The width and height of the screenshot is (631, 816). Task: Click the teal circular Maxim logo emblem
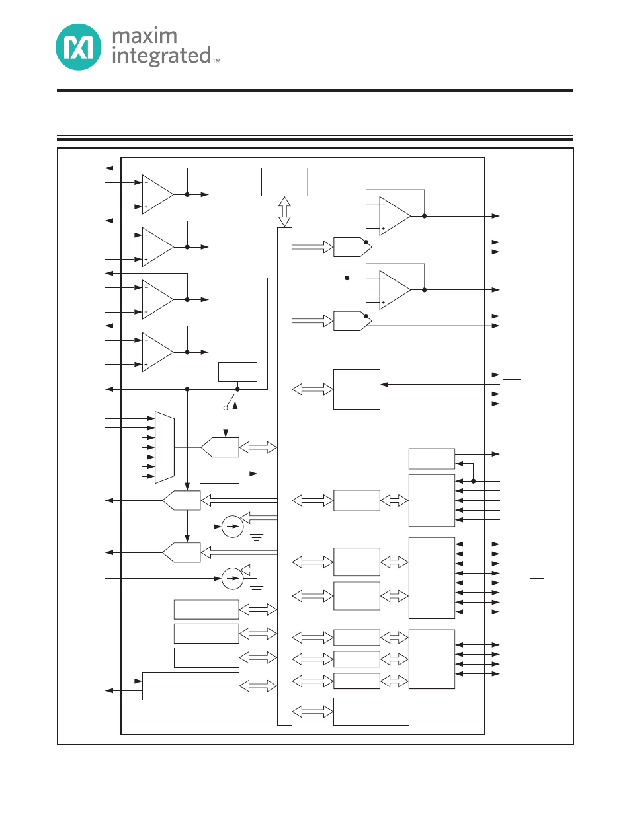tap(79, 47)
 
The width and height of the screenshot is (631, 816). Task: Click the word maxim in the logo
tap(145, 36)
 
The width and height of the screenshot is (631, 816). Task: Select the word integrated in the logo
tap(161, 56)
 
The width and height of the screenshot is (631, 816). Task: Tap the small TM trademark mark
tap(216, 61)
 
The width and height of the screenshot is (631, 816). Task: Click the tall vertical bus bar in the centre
tap(284, 476)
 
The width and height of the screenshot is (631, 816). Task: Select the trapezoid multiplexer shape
tap(165, 447)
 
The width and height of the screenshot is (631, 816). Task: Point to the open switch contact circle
tap(226, 408)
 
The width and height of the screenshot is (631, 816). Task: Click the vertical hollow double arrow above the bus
tap(284, 211)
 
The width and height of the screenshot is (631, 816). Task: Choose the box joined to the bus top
tap(284, 182)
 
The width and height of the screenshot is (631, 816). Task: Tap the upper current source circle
tap(233, 527)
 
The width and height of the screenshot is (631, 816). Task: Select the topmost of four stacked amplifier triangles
tap(158, 194)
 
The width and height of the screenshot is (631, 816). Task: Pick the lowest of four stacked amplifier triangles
tap(158, 352)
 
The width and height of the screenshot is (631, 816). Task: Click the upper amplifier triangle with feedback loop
tap(395, 216)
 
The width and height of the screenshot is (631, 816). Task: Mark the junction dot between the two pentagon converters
tap(347, 278)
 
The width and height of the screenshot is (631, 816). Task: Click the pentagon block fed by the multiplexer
tap(220, 447)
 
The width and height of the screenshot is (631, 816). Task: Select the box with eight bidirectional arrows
tap(432, 578)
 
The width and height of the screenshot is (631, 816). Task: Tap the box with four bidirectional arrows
tap(432, 659)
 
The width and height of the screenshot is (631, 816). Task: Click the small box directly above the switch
tap(238, 372)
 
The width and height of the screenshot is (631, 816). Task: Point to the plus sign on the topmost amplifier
tap(146, 207)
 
